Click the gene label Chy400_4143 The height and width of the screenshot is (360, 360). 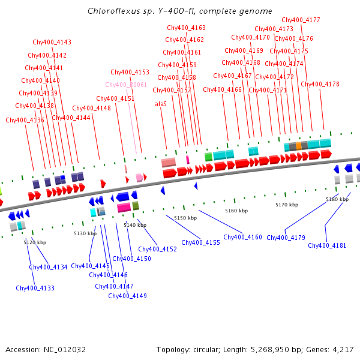click(x=52, y=42)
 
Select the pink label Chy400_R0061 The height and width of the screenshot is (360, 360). click(x=126, y=85)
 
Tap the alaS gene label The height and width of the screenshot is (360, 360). click(x=161, y=104)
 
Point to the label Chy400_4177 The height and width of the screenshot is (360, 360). click(x=301, y=20)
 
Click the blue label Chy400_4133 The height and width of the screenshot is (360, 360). click(x=35, y=288)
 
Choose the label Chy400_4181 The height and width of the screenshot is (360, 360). click(x=327, y=245)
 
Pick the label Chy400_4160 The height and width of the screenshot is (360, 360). click(x=242, y=237)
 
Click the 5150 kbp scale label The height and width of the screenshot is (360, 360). click(x=185, y=218)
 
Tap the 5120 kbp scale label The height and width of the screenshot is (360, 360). click(x=35, y=242)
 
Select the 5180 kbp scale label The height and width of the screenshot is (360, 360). click(x=337, y=199)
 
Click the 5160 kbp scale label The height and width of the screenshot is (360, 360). click(x=236, y=211)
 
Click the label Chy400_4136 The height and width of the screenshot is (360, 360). click(x=25, y=120)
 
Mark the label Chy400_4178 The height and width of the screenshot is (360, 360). click(x=320, y=84)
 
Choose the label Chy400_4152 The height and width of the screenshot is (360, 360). click(x=157, y=249)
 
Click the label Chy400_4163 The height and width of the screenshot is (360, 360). click(x=186, y=28)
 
